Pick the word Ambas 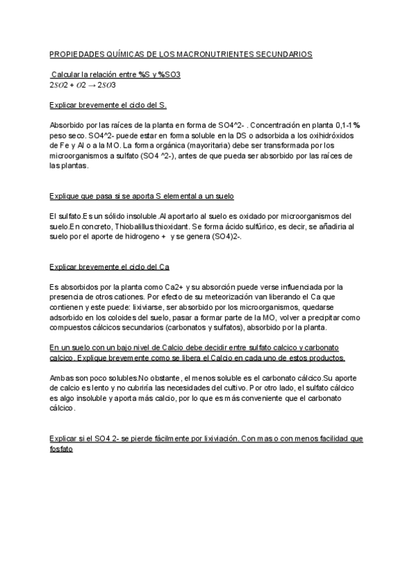[x=62, y=378]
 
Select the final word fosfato [x=61, y=448]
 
